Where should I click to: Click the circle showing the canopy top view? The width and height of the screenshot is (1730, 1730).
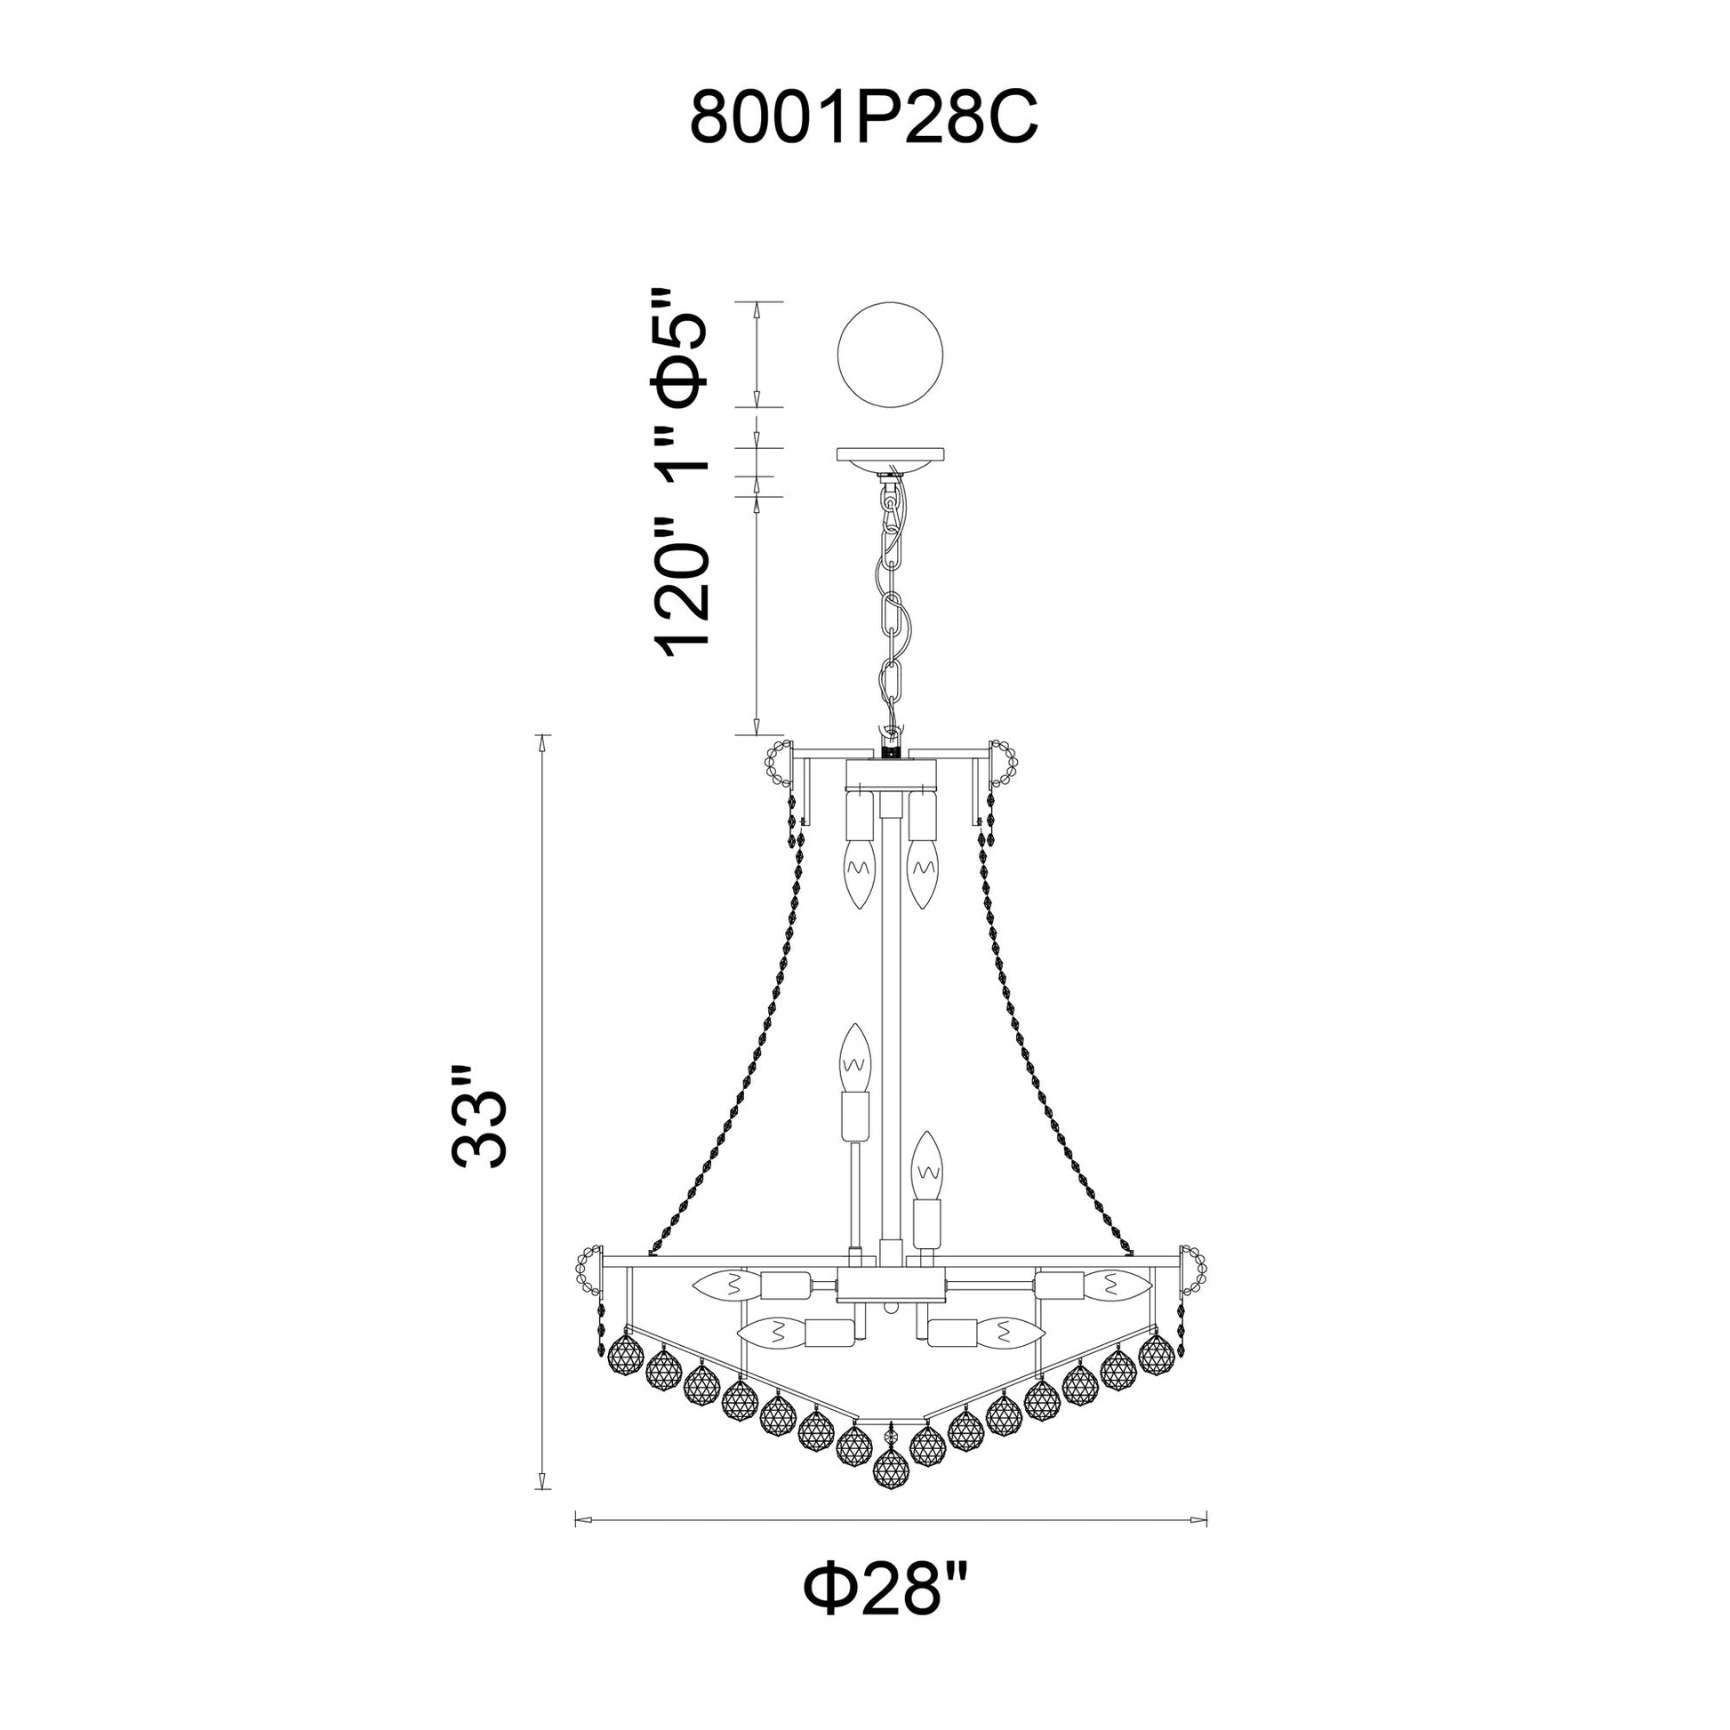pyautogui.click(x=889, y=355)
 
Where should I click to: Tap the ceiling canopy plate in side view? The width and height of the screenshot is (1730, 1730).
pyautogui.click(x=889, y=456)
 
